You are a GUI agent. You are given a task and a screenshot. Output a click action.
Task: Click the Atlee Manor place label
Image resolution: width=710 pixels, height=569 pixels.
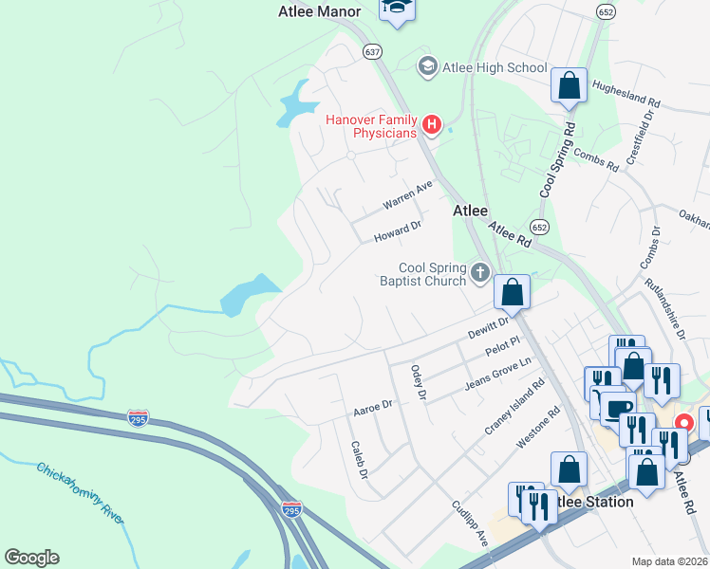(320, 11)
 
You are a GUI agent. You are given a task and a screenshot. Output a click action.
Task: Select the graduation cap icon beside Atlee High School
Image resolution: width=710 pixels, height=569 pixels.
(428, 66)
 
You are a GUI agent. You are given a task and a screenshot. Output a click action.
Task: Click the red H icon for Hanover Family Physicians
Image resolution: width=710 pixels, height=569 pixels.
(432, 124)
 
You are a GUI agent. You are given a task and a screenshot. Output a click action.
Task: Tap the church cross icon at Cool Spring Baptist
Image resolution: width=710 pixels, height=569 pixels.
(480, 274)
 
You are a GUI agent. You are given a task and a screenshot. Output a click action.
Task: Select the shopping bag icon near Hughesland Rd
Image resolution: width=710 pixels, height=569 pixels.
(570, 85)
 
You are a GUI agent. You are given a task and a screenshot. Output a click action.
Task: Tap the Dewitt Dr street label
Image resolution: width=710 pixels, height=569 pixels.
(489, 329)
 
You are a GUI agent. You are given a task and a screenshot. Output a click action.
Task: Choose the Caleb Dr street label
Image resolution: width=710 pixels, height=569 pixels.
(359, 459)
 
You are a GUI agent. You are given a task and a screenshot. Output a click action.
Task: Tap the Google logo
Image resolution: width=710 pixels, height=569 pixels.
(31, 558)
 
